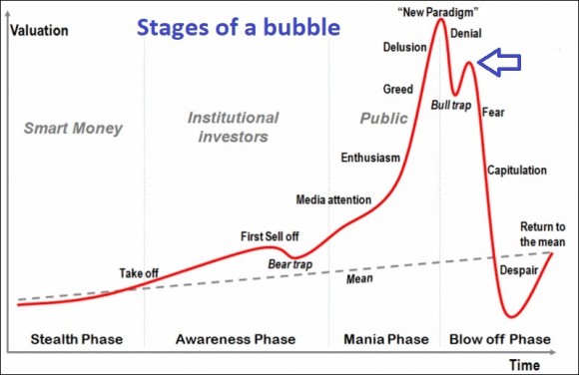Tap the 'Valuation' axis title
coord(38,29)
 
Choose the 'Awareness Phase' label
coord(236,339)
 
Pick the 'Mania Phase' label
coord(385,339)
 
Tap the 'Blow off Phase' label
coord(498,339)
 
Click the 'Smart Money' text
coord(73,128)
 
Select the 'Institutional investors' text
coord(229,127)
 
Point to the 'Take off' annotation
coord(141,273)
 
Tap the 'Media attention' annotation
coord(333,199)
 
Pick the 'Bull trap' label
coord(450,104)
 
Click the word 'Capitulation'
coord(516,171)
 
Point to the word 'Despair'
coord(519,267)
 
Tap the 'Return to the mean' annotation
coord(543,234)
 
